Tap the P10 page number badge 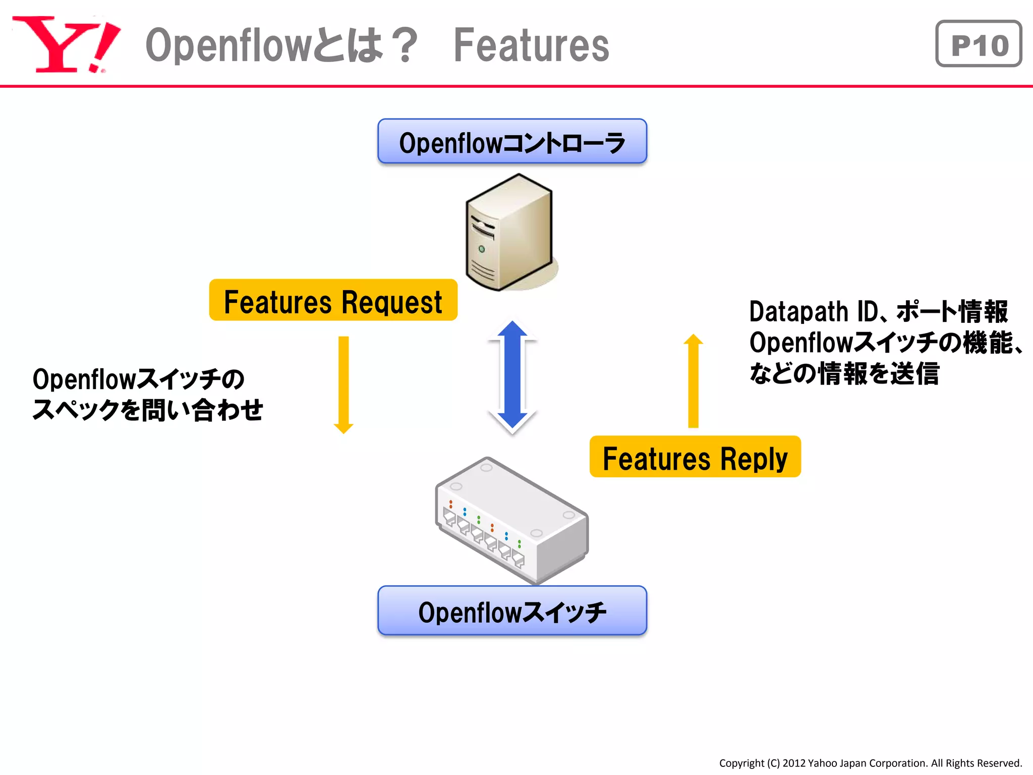click(x=978, y=44)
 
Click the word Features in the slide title click(x=531, y=45)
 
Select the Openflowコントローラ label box click(x=512, y=142)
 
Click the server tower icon click(x=509, y=232)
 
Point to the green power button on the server click(x=482, y=249)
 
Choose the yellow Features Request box click(x=333, y=301)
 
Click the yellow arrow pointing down click(x=343, y=383)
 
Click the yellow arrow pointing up click(x=694, y=381)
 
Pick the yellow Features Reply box click(x=695, y=457)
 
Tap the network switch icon click(x=512, y=520)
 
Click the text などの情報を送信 click(x=844, y=374)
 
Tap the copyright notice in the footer click(x=870, y=763)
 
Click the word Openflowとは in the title click(x=264, y=45)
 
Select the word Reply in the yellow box click(x=754, y=459)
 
